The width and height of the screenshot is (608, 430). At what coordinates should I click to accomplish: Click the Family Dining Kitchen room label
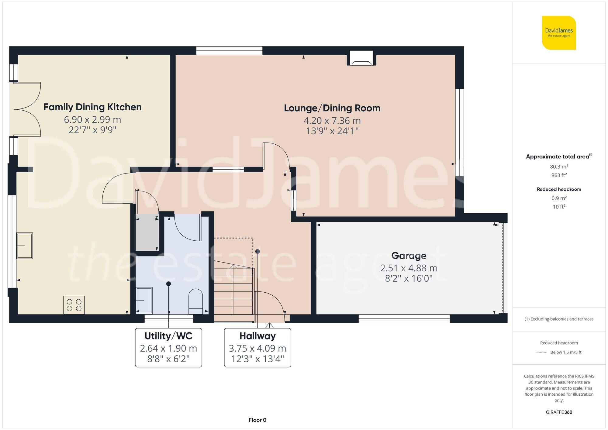[92, 107]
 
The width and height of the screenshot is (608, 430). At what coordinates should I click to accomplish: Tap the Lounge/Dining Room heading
[332, 108]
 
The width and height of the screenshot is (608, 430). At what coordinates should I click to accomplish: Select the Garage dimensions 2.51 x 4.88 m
[409, 268]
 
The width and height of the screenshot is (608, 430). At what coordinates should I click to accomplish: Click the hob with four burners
[74, 305]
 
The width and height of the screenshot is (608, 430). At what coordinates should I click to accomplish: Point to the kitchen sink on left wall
[25, 246]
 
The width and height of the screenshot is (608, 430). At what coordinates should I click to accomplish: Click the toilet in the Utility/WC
[196, 301]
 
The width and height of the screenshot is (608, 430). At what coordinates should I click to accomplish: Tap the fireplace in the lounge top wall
[361, 58]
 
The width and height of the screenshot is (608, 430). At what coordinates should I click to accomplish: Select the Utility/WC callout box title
[168, 336]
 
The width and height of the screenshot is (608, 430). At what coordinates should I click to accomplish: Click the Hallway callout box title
[257, 336]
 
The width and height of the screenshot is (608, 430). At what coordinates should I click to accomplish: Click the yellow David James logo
[559, 33]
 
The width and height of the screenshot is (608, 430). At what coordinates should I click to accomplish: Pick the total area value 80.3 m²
[559, 167]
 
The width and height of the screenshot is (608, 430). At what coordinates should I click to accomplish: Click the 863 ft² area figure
[559, 175]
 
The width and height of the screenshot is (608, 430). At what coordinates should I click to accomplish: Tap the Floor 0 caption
[257, 420]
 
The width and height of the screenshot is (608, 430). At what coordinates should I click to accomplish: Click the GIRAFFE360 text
[559, 412]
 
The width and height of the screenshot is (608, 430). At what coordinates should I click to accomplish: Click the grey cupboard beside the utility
[147, 232]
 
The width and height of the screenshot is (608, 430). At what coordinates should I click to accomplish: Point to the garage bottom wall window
[404, 318]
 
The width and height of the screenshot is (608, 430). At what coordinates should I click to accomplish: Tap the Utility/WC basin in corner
[144, 300]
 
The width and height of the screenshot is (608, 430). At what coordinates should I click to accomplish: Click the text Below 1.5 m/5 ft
[565, 352]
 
